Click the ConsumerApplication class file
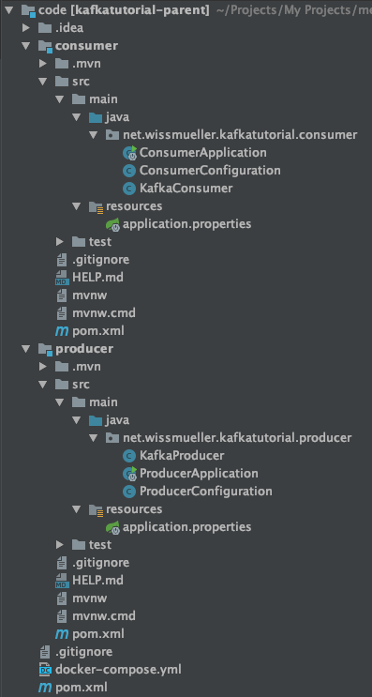click(x=202, y=152)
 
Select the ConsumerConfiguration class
click(x=209, y=170)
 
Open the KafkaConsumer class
click(x=186, y=188)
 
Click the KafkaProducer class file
click(x=182, y=455)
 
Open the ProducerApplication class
click(x=199, y=473)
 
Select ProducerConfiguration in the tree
click(x=205, y=491)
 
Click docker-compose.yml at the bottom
click(x=118, y=669)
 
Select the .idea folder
click(x=68, y=27)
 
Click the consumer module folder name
click(x=86, y=45)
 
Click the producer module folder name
click(x=84, y=348)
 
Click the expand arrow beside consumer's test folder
click(x=60, y=242)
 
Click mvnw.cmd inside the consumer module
click(x=103, y=312)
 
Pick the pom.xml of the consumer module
click(x=97, y=330)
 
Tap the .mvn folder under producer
click(x=86, y=366)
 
